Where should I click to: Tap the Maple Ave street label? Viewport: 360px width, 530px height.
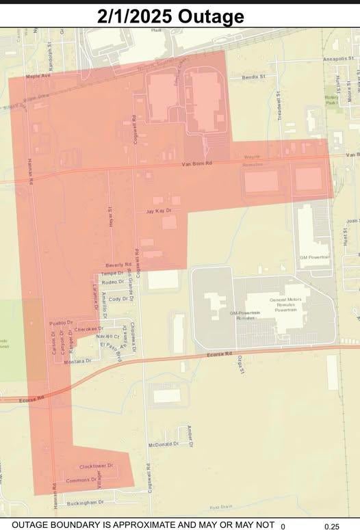coord(38,77)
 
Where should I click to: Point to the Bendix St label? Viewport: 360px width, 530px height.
coord(253,77)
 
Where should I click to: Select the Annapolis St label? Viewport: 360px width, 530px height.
coord(340,59)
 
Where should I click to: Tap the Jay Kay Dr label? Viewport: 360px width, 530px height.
coord(158,212)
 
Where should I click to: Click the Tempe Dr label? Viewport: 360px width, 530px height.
coord(112,274)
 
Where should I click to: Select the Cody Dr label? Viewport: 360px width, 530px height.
coord(118,299)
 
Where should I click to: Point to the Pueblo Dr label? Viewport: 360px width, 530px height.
coord(61,321)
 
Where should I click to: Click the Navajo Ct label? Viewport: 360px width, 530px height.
coord(107,336)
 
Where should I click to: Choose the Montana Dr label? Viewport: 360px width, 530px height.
coord(78,360)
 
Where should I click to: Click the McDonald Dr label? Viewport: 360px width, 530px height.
coord(163,444)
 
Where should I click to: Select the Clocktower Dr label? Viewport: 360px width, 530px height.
coord(96,466)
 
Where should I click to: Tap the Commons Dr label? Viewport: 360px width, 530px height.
coord(77,479)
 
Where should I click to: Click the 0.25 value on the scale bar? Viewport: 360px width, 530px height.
coord(331,526)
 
